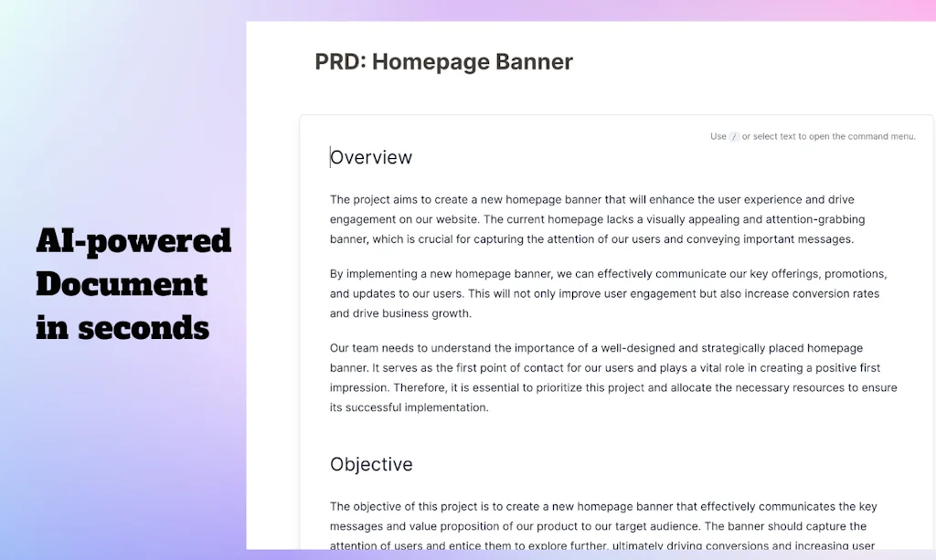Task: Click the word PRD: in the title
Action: click(340, 61)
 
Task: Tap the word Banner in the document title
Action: click(534, 61)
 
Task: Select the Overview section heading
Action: click(371, 157)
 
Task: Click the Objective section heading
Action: click(371, 465)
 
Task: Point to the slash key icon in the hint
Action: click(734, 136)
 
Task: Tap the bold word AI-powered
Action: click(133, 241)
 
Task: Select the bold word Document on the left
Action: click(122, 284)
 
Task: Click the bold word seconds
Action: click(144, 328)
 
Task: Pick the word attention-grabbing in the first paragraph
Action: click(815, 219)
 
